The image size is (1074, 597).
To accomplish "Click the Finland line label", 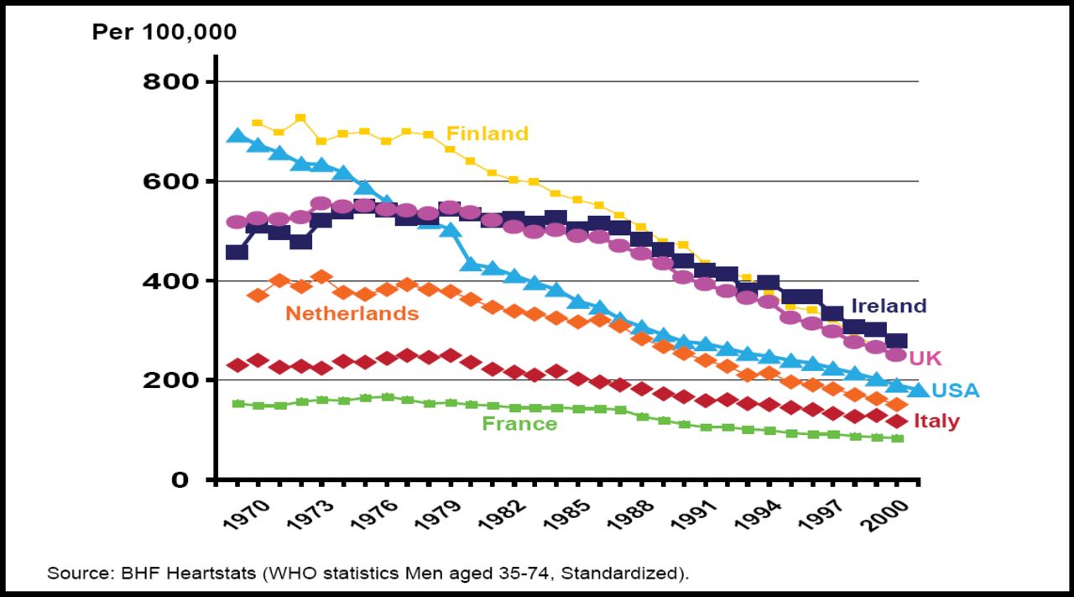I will coord(487,134).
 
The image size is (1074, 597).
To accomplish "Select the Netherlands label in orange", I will coord(352,314).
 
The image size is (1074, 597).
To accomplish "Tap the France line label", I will coord(519,424).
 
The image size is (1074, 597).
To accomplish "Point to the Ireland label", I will coord(889,306).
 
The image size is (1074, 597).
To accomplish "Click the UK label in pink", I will coord(925,359).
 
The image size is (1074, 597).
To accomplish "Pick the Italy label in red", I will coord(936,422).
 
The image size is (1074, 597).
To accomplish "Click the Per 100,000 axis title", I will coord(164,33).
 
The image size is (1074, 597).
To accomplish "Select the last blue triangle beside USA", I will coord(918,390).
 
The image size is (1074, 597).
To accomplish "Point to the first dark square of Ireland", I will coord(237,252).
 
